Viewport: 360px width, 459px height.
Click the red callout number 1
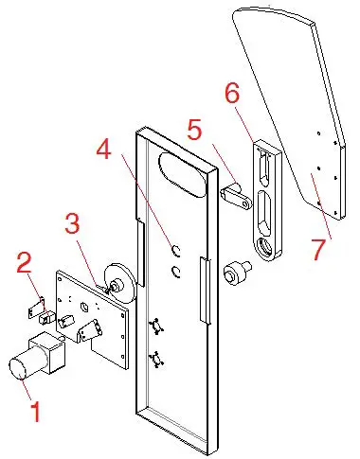pyautogui.click(x=36, y=412)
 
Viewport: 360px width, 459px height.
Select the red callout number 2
pyautogui.click(x=27, y=263)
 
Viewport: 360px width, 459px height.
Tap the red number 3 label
pyautogui.click(x=73, y=225)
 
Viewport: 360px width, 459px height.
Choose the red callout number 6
pyautogui.click(x=232, y=94)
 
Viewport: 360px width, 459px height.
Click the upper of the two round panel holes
pyautogui.click(x=175, y=251)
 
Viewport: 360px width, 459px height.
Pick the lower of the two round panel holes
pyautogui.click(x=175, y=272)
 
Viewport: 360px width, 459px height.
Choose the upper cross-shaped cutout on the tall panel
pyautogui.click(x=157, y=327)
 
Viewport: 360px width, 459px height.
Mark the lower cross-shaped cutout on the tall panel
pyautogui.click(x=157, y=360)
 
